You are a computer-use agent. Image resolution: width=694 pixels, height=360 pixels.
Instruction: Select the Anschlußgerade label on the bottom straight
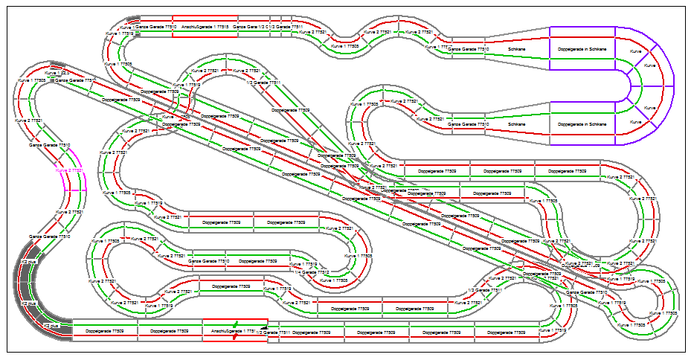pyautogui.click(x=230, y=331)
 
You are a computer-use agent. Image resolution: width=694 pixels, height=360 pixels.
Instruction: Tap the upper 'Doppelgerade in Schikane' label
pyautogui.click(x=582, y=49)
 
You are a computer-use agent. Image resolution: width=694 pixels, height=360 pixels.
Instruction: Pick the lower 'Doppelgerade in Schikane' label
pyautogui.click(x=582, y=123)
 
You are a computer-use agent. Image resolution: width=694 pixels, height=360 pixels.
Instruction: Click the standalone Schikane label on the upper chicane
pyautogui.click(x=518, y=49)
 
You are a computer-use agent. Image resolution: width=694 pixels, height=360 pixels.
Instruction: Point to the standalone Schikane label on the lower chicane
pyautogui.click(x=518, y=123)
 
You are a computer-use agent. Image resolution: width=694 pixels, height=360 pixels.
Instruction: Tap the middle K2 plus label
pyautogui.click(x=28, y=303)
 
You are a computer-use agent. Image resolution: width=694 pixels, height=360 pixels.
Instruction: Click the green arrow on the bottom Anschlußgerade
pyautogui.click(x=237, y=324)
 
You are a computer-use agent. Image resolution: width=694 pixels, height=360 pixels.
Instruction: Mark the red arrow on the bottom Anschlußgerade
pyautogui.click(x=235, y=337)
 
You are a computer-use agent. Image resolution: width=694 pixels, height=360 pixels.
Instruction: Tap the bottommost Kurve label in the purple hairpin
pyautogui.click(x=634, y=120)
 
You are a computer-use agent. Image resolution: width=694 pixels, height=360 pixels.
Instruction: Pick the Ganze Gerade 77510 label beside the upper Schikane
pyautogui.click(x=468, y=49)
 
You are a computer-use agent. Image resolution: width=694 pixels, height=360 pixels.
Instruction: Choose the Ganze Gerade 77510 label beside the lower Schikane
pyautogui.click(x=468, y=123)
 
